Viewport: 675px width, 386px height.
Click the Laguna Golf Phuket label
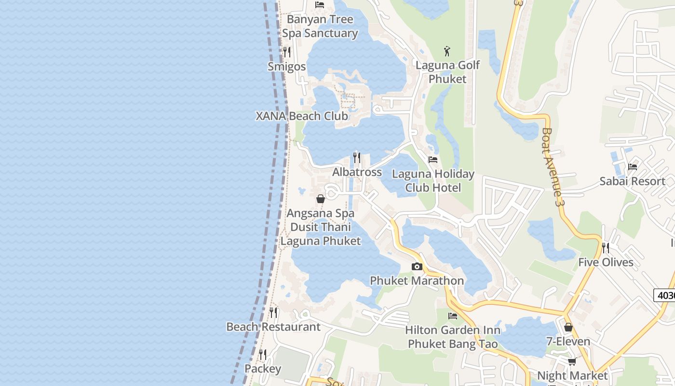point(447,72)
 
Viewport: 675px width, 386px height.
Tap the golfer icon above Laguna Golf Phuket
point(447,51)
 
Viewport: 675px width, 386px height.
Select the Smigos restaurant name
point(286,67)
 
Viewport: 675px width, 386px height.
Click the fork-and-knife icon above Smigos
point(287,51)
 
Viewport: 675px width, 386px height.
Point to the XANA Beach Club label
point(302,116)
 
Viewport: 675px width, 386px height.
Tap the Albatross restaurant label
point(357,172)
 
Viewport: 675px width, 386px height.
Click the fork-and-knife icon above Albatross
point(357,157)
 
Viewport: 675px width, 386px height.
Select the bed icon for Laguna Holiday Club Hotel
point(433,160)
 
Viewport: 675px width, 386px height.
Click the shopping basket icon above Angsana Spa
point(321,199)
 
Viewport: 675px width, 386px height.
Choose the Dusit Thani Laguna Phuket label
point(321,234)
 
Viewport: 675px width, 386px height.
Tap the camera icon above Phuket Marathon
point(417,266)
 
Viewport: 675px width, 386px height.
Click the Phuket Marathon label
point(417,281)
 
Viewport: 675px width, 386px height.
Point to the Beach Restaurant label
point(273,327)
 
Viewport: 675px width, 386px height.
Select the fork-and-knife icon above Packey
point(263,355)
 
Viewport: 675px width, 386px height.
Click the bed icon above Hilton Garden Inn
point(453,316)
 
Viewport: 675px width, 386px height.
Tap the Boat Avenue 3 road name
point(553,167)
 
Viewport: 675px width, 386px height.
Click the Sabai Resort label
point(632,181)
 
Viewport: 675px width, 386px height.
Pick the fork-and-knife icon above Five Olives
point(606,248)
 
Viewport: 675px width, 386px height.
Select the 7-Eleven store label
point(568,342)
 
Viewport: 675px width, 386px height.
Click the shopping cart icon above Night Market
point(572,361)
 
